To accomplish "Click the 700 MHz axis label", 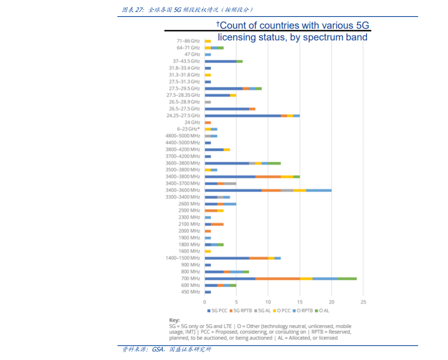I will tap(190, 278).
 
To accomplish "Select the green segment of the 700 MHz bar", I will tap(347, 278).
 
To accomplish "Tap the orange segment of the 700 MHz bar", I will tap(278, 278).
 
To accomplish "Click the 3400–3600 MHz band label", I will tap(183, 190).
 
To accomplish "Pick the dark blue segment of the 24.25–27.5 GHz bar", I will tap(243, 115).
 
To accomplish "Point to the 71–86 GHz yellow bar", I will tap(208, 41).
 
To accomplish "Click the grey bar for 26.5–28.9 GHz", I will tap(208, 102).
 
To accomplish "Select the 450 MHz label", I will tap(190, 292).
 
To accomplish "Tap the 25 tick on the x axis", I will tap(363, 302).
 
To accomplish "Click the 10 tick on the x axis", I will tap(268, 302).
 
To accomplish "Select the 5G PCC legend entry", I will tap(217, 311).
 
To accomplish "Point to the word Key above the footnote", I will tap(174, 320).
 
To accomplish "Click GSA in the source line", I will tap(158, 349).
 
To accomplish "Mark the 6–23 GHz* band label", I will tap(188, 129).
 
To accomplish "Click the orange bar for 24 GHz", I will tap(208, 123).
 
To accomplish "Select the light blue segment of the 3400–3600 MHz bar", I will tap(319, 190).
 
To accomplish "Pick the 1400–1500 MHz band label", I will tap(183, 258).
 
